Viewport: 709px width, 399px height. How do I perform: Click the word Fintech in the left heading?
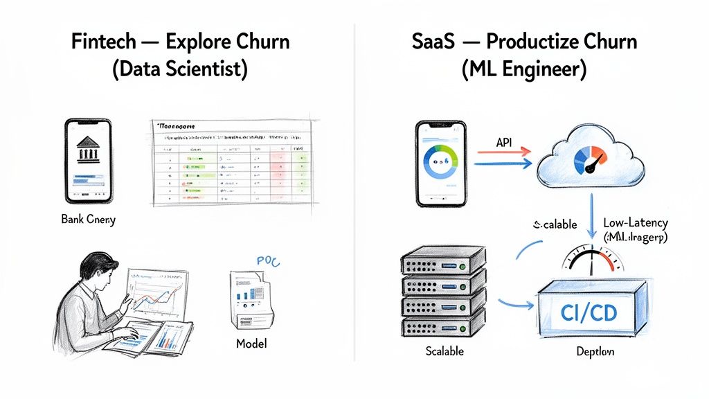point(99,41)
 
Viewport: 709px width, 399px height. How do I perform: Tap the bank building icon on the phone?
point(89,150)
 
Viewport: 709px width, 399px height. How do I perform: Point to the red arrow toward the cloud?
point(502,150)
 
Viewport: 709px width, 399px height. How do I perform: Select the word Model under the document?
point(251,343)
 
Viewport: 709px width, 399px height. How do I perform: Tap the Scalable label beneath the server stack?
point(444,351)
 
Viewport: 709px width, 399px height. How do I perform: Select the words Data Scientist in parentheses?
point(178,69)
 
